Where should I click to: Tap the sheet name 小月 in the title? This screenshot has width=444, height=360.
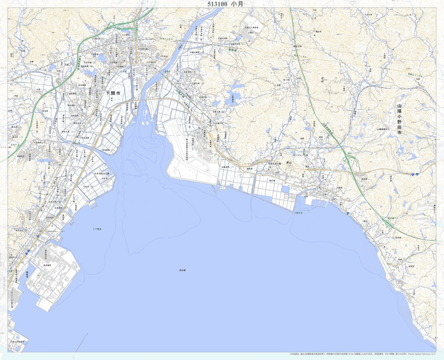238,4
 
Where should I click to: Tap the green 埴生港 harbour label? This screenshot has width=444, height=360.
299,213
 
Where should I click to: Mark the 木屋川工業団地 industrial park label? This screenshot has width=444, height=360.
253,27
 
